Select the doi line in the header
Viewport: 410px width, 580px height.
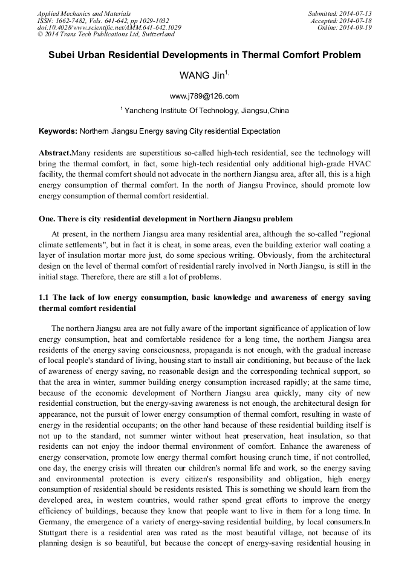click(109, 28)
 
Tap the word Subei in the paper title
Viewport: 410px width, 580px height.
click(63, 55)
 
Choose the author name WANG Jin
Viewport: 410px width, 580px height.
click(201, 76)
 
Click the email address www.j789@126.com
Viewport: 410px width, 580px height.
click(204, 96)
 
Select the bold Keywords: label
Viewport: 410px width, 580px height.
click(58, 131)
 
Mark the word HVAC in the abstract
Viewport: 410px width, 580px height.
click(356, 164)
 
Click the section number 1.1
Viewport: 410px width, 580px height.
click(44, 298)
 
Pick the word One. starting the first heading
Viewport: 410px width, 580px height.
click(48, 218)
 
